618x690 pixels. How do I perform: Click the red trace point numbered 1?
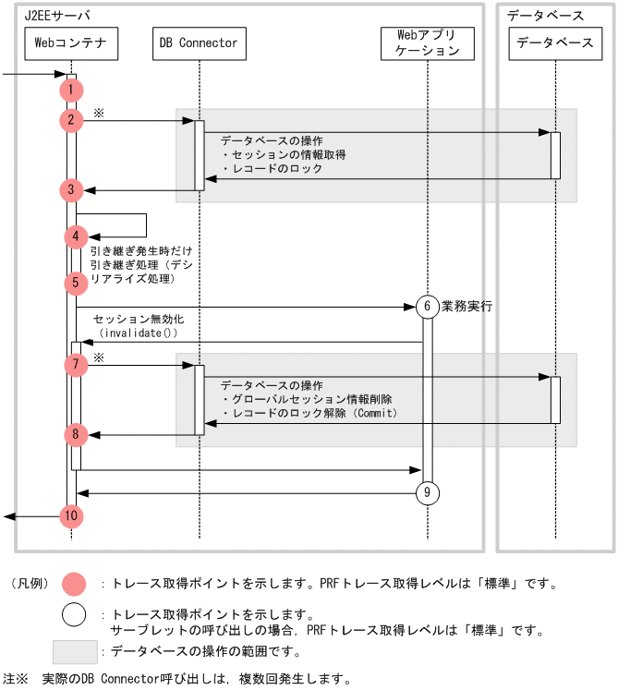[x=71, y=90]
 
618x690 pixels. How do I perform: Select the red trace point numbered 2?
[x=71, y=120]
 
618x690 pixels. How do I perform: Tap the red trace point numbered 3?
[x=71, y=190]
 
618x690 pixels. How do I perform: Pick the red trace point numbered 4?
[x=75, y=236]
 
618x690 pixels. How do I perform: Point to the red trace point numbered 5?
[x=75, y=283]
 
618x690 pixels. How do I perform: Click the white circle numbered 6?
[x=427, y=307]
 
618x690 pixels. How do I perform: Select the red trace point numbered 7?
[x=75, y=365]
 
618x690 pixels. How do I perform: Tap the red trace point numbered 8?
[x=75, y=433]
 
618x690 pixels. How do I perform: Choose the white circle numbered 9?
[x=427, y=493]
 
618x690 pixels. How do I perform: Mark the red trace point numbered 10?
[x=71, y=516]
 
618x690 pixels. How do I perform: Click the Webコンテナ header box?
[x=71, y=42]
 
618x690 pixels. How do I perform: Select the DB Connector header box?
[x=199, y=42]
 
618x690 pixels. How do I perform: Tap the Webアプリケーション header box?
[x=427, y=42]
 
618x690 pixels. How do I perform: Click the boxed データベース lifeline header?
[x=554, y=42]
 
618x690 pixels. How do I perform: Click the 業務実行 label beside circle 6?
[x=467, y=306]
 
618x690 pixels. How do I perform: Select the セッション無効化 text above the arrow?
[x=132, y=319]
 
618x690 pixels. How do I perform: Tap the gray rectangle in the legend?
[x=74, y=652]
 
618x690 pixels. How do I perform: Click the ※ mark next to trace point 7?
[x=99, y=357]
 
